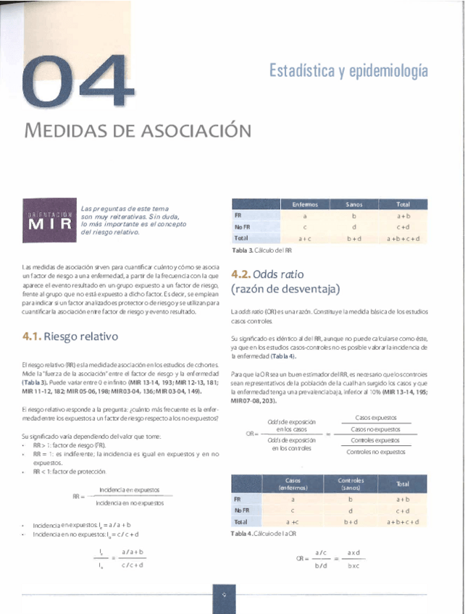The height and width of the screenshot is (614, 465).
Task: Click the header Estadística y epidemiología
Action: click(x=348, y=71)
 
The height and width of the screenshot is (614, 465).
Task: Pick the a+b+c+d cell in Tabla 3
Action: click(x=403, y=238)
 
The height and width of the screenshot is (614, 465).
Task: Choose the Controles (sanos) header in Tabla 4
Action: click(x=351, y=483)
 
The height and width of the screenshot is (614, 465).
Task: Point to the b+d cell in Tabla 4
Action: click(x=351, y=521)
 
